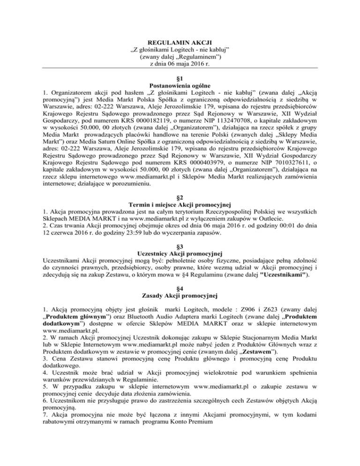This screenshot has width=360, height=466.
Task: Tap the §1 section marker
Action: click(x=180, y=77)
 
